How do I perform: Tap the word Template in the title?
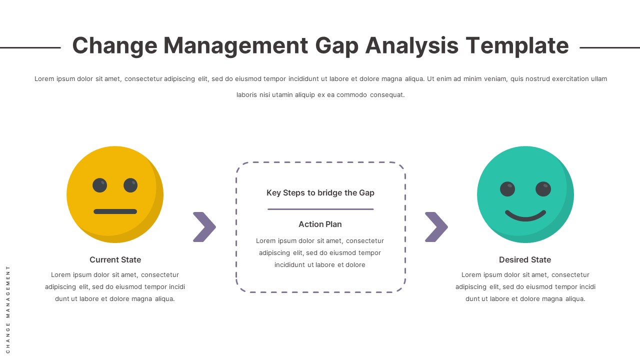pyautogui.click(x=517, y=46)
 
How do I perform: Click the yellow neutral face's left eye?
pyautogui.click(x=100, y=185)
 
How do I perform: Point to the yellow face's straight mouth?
pyautogui.click(x=115, y=211)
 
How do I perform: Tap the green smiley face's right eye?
pyautogui.click(x=543, y=189)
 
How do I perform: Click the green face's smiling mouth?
pyautogui.click(x=525, y=215)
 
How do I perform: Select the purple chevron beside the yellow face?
pyautogui.click(x=204, y=227)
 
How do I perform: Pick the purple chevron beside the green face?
pyautogui.click(x=436, y=227)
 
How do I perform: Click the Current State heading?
pyautogui.click(x=115, y=259)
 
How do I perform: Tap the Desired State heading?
pyautogui.click(x=525, y=259)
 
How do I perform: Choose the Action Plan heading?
pyautogui.click(x=320, y=224)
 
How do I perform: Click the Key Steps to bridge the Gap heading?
pyautogui.click(x=320, y=192)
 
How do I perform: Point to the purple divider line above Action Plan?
pyautogui.click(x=320, y=209)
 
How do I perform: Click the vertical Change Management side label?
pyautogui.click(x=8, y=309)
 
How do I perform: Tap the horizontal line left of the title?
pyautogui.click(x=30, y=47)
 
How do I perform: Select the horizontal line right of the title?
pyautogui.click(x=609, y=47)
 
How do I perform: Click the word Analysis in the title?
pyautogui.click(x=412, y=46)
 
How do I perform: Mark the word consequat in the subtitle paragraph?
pyautogui.click(x=387, y=94)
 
